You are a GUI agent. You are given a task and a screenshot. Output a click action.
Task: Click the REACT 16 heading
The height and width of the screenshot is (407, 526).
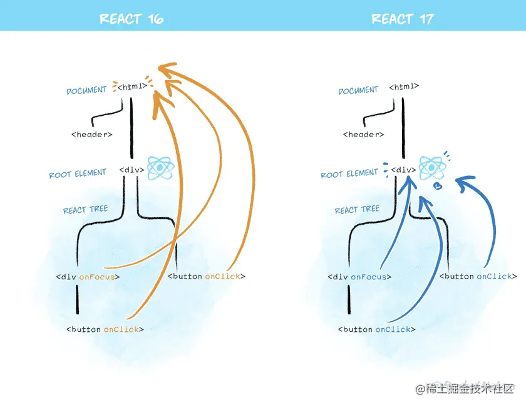131,19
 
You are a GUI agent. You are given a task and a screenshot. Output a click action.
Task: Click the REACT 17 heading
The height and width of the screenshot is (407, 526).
403,19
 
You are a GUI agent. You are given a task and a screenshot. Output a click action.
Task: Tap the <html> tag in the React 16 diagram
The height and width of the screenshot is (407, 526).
132,87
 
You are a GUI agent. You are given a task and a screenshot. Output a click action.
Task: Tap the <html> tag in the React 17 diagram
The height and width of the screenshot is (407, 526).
404,86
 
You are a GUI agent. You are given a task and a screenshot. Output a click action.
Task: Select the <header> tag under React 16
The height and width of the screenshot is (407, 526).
92,134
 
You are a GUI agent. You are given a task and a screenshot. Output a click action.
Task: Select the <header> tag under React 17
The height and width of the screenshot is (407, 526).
364,134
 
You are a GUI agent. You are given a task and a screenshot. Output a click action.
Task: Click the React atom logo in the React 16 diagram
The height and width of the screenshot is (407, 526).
158,168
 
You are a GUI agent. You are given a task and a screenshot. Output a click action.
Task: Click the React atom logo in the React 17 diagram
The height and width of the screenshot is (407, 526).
431,167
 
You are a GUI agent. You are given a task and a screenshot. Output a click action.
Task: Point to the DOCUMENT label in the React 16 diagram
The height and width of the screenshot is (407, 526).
86,90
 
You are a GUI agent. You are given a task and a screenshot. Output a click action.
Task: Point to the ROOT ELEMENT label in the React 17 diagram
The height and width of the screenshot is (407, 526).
349,173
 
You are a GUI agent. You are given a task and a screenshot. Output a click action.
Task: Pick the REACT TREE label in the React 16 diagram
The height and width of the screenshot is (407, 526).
85,209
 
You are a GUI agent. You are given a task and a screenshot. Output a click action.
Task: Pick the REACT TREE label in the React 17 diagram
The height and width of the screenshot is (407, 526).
357,209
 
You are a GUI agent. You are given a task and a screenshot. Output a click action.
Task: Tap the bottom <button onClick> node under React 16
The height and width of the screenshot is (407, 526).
105,329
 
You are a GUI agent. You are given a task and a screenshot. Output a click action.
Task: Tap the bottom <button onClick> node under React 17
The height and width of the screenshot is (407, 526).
377,329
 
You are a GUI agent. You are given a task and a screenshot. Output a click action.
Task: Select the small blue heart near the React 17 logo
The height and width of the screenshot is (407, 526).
438,186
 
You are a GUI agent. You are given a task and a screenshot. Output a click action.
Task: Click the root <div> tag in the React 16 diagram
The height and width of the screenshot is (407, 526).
132,170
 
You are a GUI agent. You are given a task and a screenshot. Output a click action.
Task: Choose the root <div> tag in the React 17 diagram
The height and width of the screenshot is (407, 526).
404,170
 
